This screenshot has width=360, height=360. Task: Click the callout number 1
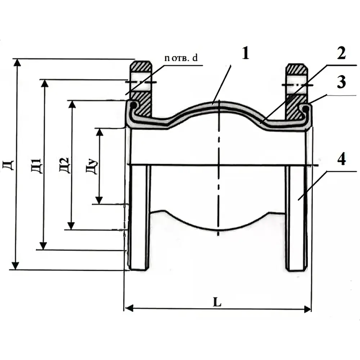[246, 54]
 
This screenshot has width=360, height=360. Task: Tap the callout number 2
[341, 54]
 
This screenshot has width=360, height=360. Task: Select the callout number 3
[341, 82]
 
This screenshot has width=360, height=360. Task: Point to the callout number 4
[342, 159]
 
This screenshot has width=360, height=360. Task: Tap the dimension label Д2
[64, 165]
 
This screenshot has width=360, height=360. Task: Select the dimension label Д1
[36, 166]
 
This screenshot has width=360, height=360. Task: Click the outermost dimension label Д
[9, 165]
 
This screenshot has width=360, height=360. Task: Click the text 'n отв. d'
[181, 58]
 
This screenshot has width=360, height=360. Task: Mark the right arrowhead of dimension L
[307, 309]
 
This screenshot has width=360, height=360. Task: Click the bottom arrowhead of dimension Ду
[99, 200]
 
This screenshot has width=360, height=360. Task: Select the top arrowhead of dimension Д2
[72, 104]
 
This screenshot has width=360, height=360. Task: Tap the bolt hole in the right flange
[296, 84]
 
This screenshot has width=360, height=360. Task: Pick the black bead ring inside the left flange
[133, 105]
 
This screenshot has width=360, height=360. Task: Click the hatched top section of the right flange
[296, 69]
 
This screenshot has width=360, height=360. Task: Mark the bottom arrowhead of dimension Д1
[43, 246]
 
